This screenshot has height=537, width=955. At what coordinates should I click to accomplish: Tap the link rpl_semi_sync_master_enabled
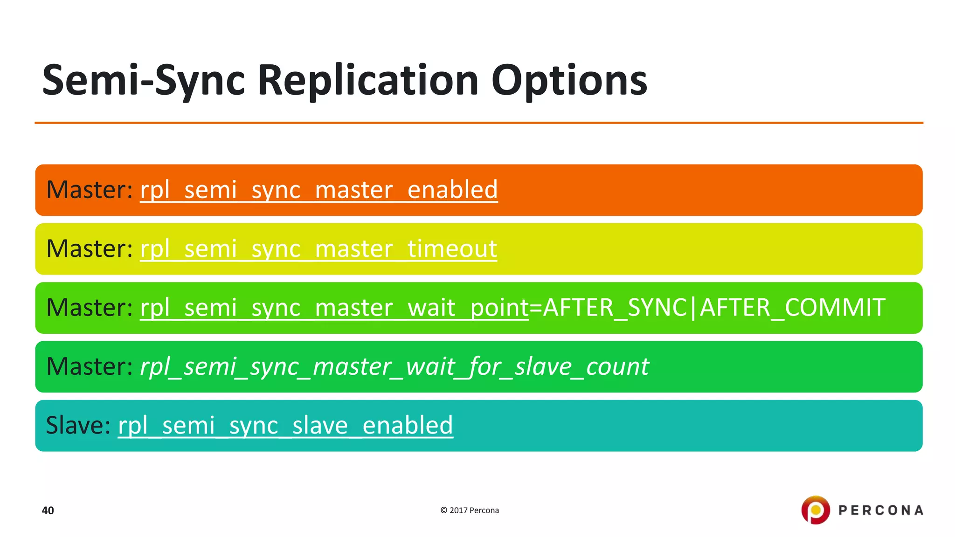pyautogui.click(x=319, y=190)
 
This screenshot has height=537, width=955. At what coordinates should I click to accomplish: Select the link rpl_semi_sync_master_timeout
pyautogui.click(x=318, y=249)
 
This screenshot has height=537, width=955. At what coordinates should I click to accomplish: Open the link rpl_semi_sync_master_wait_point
pyautogui.click(x=334, y=308)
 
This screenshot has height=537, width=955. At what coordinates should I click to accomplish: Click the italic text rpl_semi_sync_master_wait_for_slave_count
pyautogui.click(x=394, y=367)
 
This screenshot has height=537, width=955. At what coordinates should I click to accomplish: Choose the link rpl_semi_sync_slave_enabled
pyautogui.click(x=285, y=426)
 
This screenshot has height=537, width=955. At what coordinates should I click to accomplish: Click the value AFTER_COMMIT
pyautogui.click(x=792, y=308)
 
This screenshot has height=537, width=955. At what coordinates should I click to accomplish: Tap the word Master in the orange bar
pyautogui.click(x=89, y=190)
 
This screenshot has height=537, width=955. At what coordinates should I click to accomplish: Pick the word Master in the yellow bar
pyautogui.click(x=89, y=249)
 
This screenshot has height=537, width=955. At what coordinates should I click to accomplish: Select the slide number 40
pyautogui.click(x=48, y=510)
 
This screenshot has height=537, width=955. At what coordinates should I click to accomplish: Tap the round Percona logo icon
pyautogui.click(x=816, y=510)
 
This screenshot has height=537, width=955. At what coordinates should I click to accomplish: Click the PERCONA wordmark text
pyautogui.click(x=881, y=510)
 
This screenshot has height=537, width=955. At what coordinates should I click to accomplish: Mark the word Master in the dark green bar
pyautogui.click(x=89, y=367)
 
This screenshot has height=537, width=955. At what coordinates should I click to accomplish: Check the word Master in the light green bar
pyautogui.click(x=89, y=308)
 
